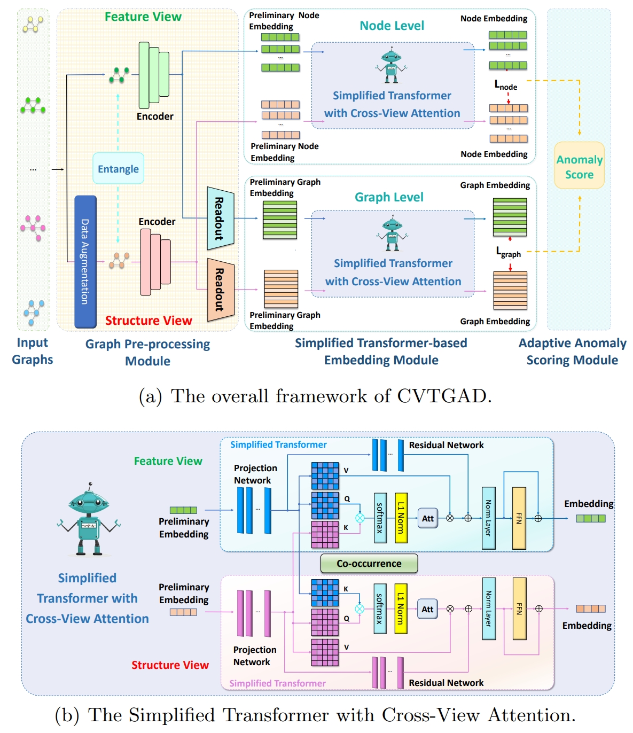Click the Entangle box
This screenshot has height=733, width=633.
(118, 168)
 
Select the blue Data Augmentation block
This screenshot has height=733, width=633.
(85, 261)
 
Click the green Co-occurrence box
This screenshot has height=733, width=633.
(369, 563)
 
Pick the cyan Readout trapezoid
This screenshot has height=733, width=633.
(221, 219)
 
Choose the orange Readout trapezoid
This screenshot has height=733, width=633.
(221, 290)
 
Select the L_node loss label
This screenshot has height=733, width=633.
(505, 85)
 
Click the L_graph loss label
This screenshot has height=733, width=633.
(508, 252)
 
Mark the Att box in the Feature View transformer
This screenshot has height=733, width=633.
(427, 518)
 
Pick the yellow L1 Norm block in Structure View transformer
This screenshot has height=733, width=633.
(401, 609)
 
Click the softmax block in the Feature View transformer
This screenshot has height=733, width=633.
(380, 518)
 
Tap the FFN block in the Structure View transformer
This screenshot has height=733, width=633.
(519, 609)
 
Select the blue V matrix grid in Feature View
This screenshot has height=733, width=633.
(325, 476)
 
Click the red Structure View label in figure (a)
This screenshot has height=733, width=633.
(149, 321)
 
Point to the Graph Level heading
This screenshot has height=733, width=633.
(389, 197)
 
